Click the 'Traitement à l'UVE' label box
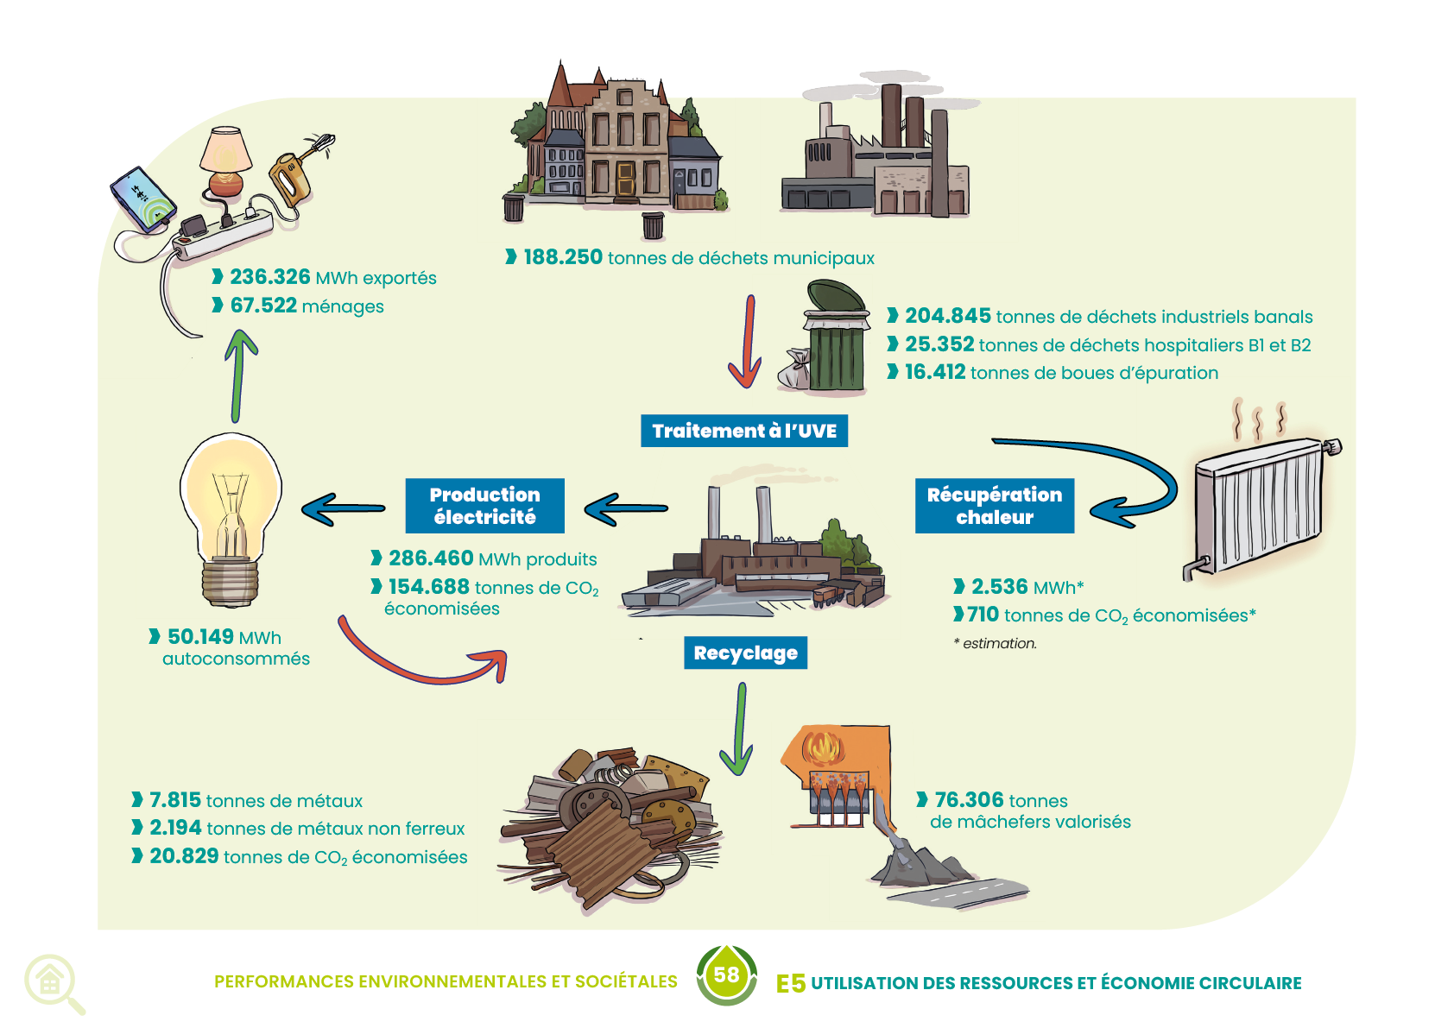pyautogui.click(x=743, y=431)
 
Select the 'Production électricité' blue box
pyautogui.click(x=484, y=506)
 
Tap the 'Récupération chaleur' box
pyautogui.click(x=995, y=506)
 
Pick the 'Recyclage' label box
pyautogui.click(x=745, y=653)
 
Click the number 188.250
pyautogui.click(x=563, y=257)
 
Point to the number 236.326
pyautogui.click(x=269, y=277)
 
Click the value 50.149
pyautogui.click(x=200, y=637)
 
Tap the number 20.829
pyautogui.click(x=184, y=856)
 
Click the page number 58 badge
pyautogui.click(x=727, y=975)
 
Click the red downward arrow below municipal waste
pyautogui.click(x=747, y=342)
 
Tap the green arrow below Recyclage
pyautogui.click(x=738, y=729)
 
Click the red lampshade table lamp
pyautogui.click(x=226, y=160)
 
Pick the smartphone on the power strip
pyautogui.click(x=143, y=199)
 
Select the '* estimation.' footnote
pyautogui.click(x=995, y=643)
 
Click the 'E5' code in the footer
pyautogui.click(x=790, y=983)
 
